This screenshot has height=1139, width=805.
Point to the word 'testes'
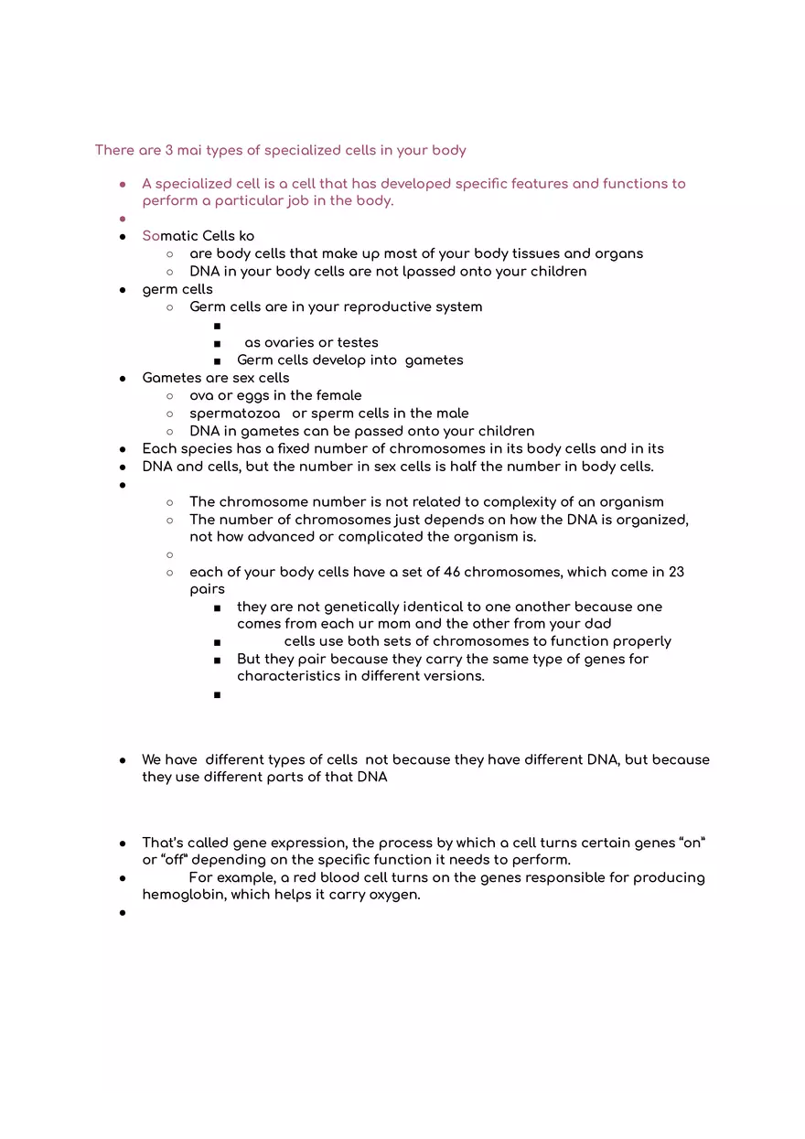357,342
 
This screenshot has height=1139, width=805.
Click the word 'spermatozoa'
234,414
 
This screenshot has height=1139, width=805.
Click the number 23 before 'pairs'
676,572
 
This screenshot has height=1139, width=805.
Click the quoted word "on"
692,843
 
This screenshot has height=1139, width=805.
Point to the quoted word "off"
172,860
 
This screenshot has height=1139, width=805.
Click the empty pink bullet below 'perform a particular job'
122,219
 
